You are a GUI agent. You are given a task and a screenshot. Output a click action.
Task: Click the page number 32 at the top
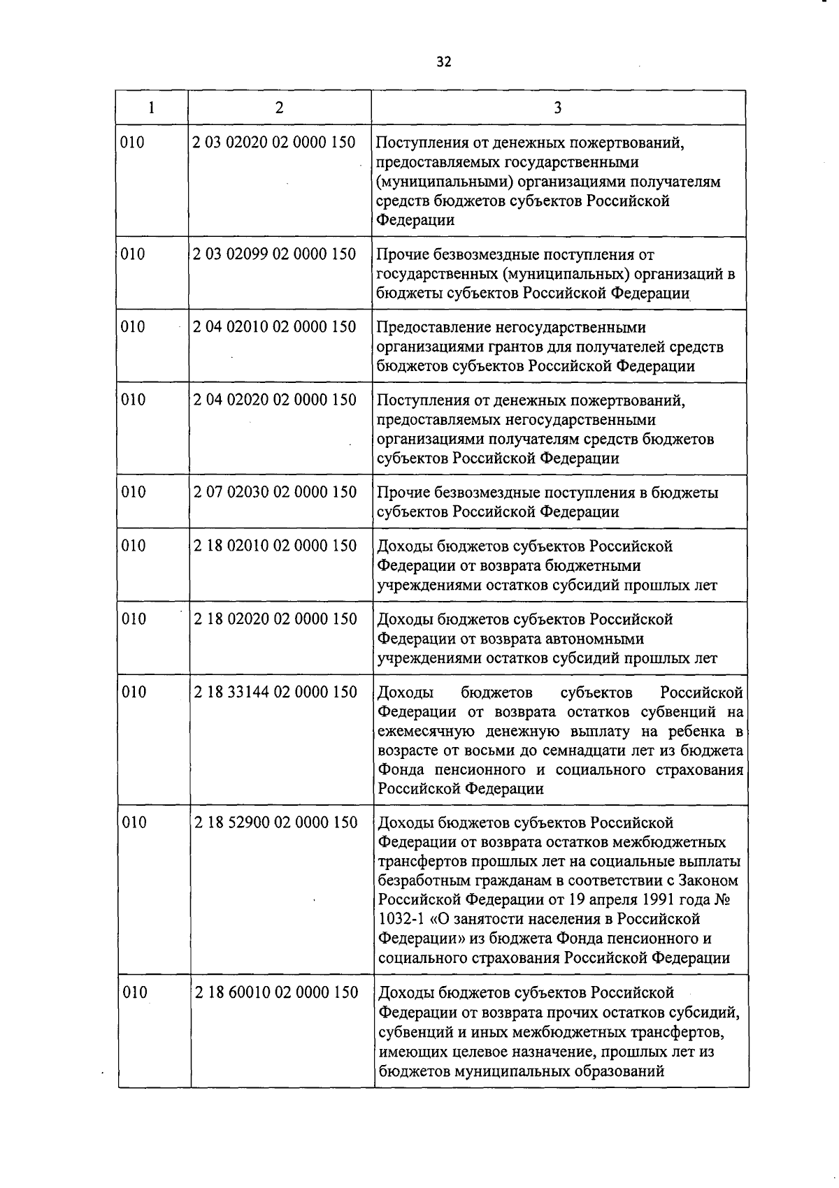click(444, 61)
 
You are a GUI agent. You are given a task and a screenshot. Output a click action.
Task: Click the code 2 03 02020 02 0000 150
click(274, 143)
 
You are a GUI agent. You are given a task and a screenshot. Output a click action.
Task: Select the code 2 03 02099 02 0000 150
click(274, 254)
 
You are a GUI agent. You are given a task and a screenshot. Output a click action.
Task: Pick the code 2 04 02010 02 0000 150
click(274, 326)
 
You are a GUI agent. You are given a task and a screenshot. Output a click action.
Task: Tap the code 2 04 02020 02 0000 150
click(275, 400)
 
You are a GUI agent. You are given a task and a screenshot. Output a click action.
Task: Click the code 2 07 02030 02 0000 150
click(275, 492)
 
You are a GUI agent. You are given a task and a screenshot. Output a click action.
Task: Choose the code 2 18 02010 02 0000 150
click(275, 546)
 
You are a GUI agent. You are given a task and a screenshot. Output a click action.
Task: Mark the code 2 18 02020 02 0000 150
click(275, 619)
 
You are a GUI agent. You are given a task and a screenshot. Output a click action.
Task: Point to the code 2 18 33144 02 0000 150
click(275, 692)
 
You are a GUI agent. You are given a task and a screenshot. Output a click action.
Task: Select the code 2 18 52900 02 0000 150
click(276, 823)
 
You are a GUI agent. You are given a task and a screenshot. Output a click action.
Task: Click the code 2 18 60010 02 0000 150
click(276, 992)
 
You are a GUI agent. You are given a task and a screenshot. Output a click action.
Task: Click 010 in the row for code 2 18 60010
click(135, 992)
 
